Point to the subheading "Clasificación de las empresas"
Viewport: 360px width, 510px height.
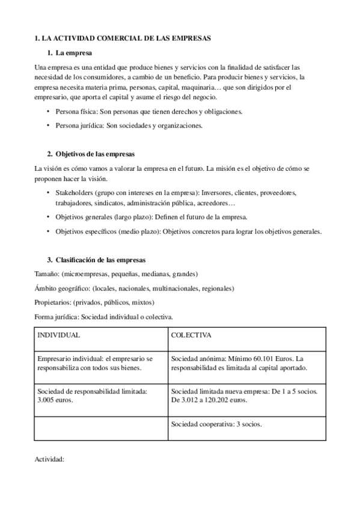click(x=100, y=260)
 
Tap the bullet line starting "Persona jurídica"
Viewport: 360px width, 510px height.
click(x=129, y=126)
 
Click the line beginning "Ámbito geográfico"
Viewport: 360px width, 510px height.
click(x=135, y=288)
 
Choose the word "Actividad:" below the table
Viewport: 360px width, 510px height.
click(x=50, y=461)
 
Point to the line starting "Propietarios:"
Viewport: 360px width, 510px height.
click(x=95, y=302)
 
